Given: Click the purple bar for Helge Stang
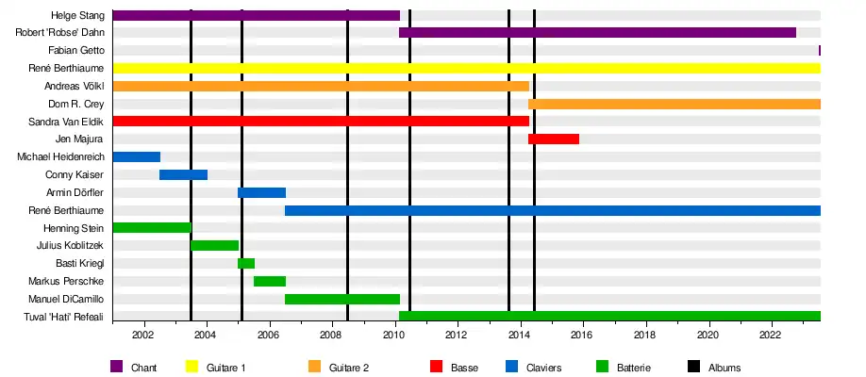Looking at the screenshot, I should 256,15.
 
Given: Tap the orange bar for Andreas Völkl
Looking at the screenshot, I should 320,86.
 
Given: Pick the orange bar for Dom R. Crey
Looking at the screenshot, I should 674,104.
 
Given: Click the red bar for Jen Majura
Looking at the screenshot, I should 554,139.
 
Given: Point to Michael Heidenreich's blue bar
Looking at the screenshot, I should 136,156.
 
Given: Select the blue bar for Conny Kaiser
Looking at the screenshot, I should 183,174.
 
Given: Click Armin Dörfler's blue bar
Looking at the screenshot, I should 261,192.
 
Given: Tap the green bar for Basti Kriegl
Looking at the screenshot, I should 246,263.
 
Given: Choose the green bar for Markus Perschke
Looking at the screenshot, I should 270,281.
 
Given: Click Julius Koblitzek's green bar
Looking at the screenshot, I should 214,245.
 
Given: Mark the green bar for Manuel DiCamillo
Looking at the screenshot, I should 341,299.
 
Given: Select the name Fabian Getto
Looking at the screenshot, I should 75,51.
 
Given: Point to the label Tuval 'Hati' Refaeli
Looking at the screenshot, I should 64,317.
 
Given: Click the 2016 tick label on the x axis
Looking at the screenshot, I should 582,335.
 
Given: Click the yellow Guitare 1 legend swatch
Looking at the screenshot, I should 193,367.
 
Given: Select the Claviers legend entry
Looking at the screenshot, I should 542,367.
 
